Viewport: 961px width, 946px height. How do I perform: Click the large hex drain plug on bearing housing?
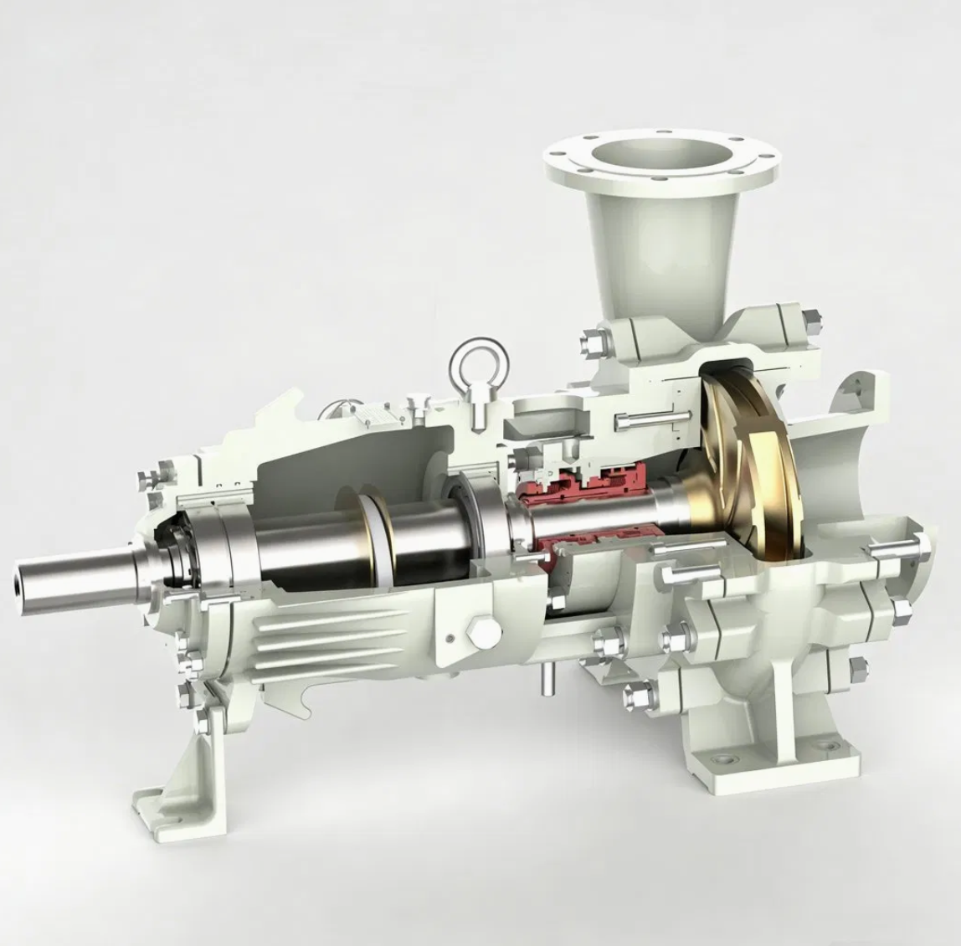482,634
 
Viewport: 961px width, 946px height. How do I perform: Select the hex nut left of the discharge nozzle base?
592,342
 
